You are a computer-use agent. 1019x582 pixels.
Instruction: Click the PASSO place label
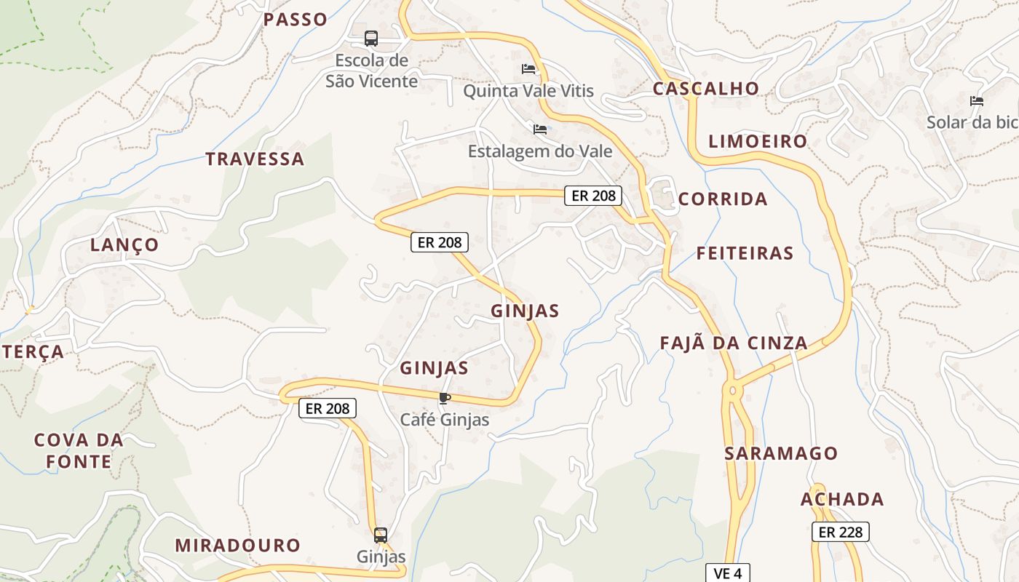(295, 20)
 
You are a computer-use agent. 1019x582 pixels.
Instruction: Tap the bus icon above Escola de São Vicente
(371, 38)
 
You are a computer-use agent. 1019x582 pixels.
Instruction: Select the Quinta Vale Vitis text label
(528, 91)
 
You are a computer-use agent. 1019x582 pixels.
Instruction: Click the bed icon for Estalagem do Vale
(540, 129)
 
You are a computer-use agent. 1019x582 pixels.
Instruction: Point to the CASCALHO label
(705, 89)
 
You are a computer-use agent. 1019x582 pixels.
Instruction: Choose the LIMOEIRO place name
(758, 141)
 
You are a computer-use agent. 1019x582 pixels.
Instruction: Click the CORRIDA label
(722, 199)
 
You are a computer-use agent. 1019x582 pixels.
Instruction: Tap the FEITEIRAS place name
(745, 253)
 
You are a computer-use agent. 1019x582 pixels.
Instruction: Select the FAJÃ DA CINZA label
(733, 343)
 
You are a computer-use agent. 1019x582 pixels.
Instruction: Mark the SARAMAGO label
(781, 453)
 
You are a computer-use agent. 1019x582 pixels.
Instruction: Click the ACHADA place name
(842, 499)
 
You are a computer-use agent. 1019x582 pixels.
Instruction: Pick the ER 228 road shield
(840, 532)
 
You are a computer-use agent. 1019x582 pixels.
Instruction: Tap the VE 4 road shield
(727, 573)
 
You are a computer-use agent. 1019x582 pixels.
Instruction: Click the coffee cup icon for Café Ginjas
(444, 398)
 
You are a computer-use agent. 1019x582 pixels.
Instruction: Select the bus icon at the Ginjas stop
(381, 535)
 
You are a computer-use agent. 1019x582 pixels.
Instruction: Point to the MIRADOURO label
(237, 545)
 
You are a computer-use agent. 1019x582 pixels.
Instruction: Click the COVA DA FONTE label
(79, 450)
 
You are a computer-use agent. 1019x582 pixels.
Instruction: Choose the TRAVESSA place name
(254, 159)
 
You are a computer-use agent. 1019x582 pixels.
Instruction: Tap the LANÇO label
(124, 244)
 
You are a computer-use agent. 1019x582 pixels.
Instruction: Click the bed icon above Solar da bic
(976, 101)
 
